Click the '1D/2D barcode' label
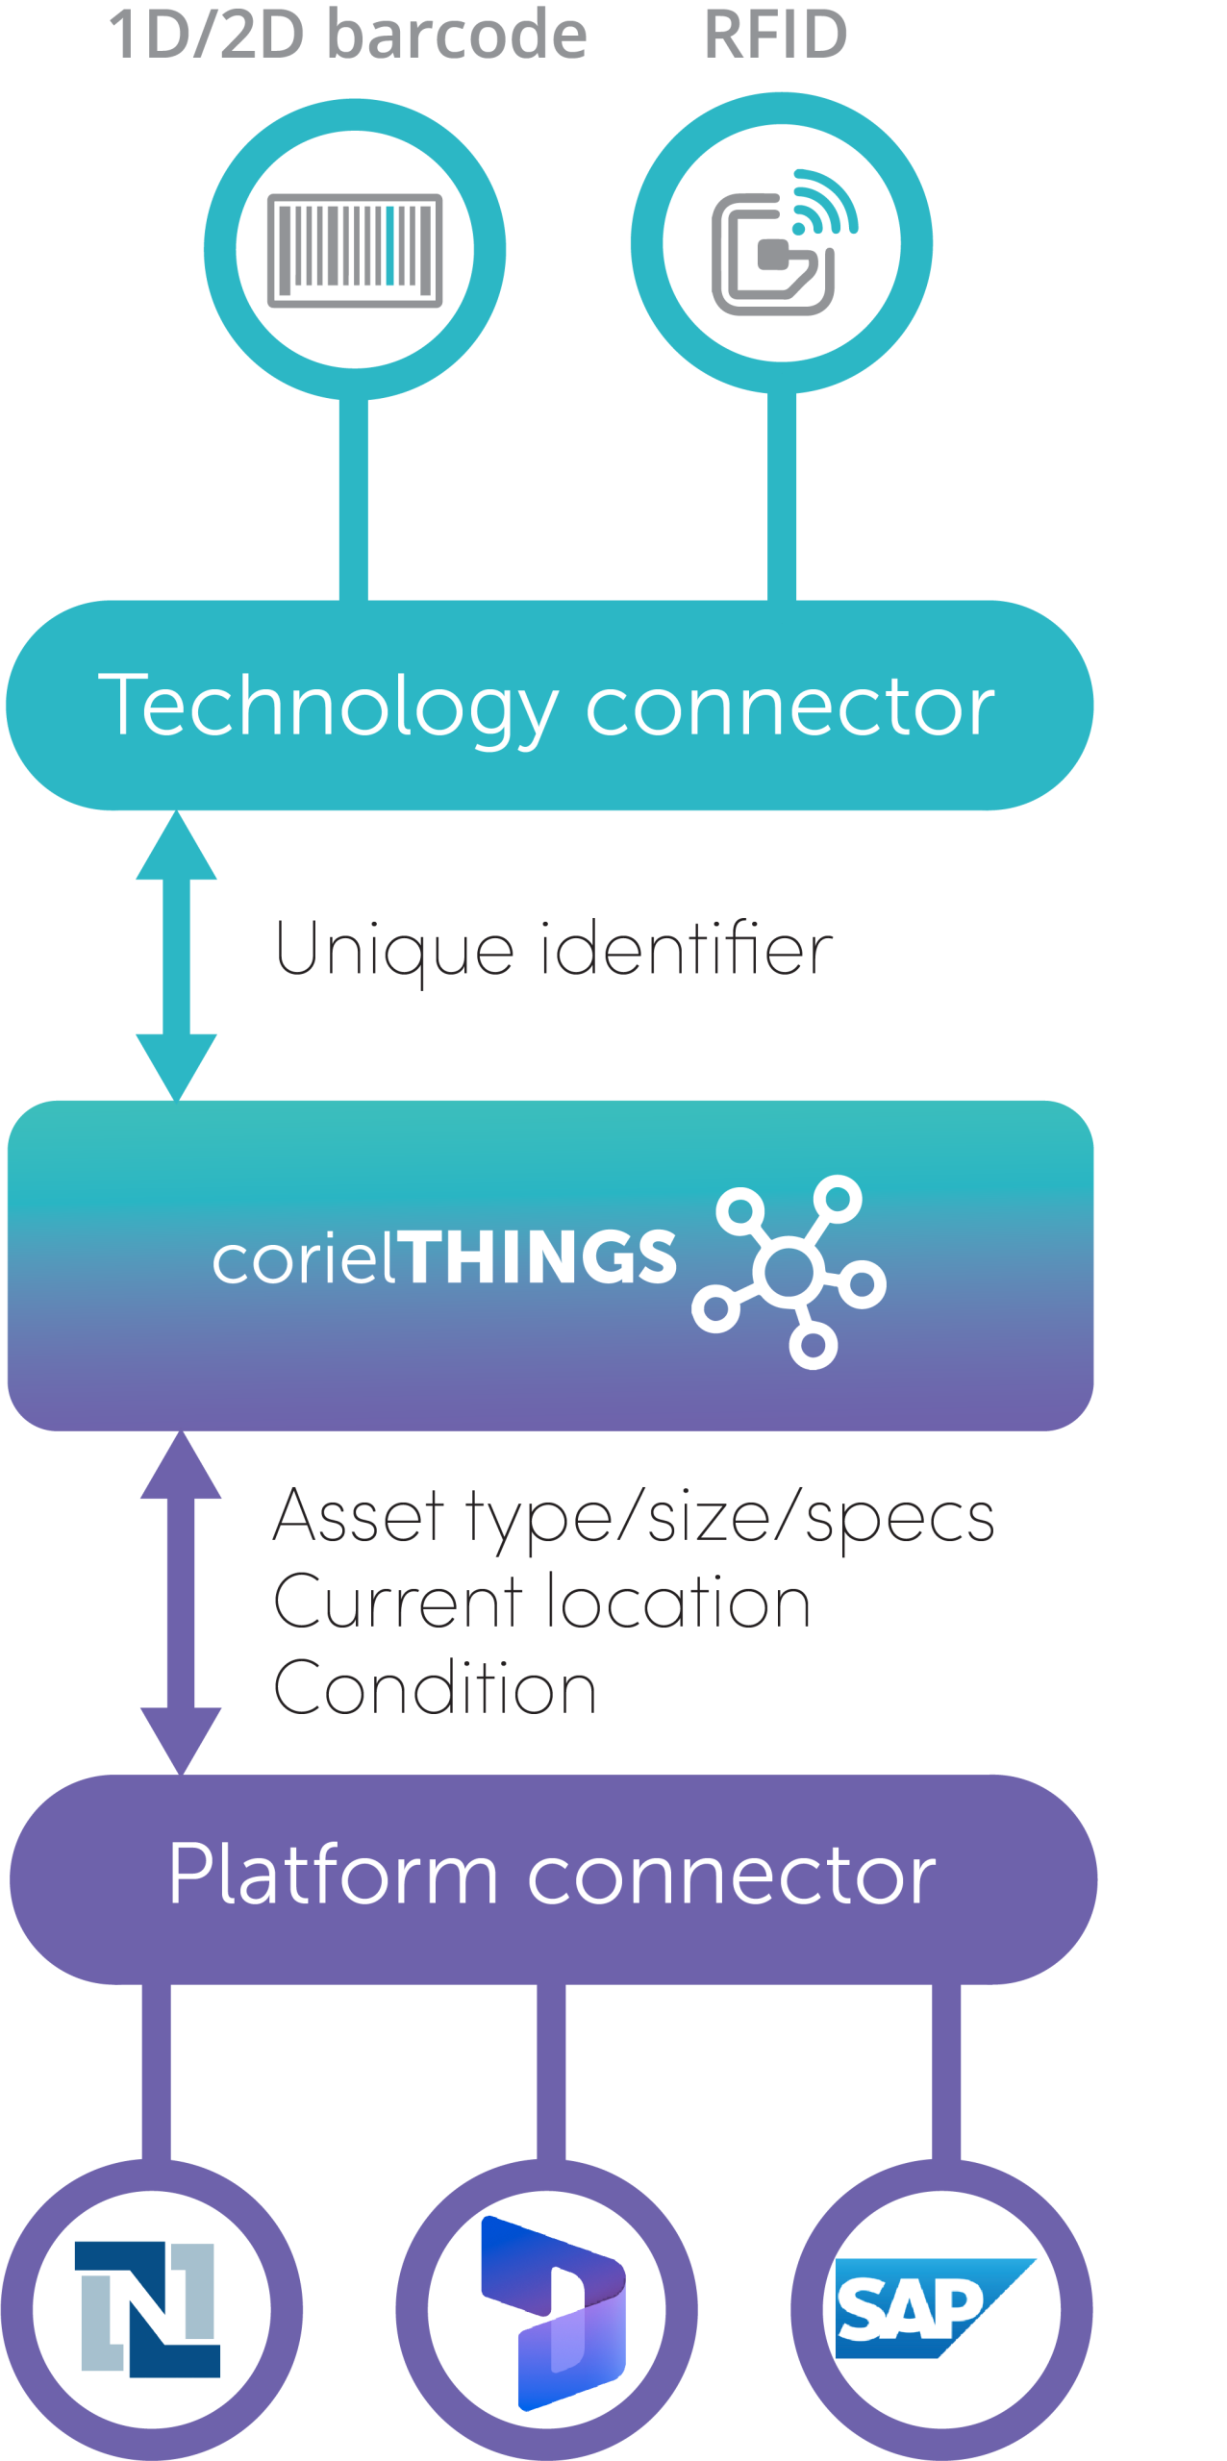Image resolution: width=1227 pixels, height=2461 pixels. click(x=347, y=35)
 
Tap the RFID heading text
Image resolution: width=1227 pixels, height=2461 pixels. click(x=776, y=35)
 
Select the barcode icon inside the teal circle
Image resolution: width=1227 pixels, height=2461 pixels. click(x=355, y=251)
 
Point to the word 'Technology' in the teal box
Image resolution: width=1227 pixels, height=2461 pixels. click(x=328, y=708)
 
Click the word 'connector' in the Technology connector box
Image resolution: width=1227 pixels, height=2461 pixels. click(x=790, y=708)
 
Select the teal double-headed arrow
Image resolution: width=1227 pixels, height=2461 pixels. click(x=176, y=956)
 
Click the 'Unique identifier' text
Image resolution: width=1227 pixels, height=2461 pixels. click(x=554, y=950)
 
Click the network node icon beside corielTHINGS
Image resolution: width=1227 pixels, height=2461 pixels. click(x=789, y=1271)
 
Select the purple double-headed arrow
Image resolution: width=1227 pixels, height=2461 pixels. click(x=181, y=1603)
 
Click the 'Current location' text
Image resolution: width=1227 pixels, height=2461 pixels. click(x=542, y=1602)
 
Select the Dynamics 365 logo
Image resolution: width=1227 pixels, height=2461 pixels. click(x=553, y=2313)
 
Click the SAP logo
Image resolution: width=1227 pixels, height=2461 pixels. click(x=935, y=2308)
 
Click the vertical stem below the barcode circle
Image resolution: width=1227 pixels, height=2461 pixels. click(x=354, y=499)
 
